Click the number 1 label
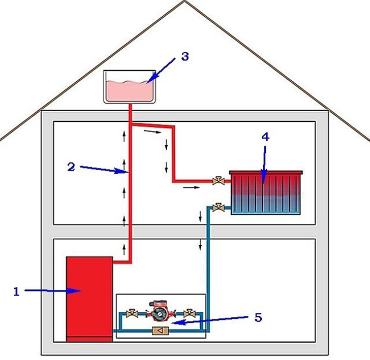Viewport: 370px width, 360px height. tap(16, 291)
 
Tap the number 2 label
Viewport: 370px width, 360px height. tap(71, 166)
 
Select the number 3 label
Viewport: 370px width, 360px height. tap(184, 56)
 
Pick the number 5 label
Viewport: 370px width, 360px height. tap(258, 317)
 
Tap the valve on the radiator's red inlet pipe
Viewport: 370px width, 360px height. tap(219, 180)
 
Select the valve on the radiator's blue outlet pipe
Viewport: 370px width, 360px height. tap(219, 206)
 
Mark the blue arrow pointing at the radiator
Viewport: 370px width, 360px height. tap(263, 162)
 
